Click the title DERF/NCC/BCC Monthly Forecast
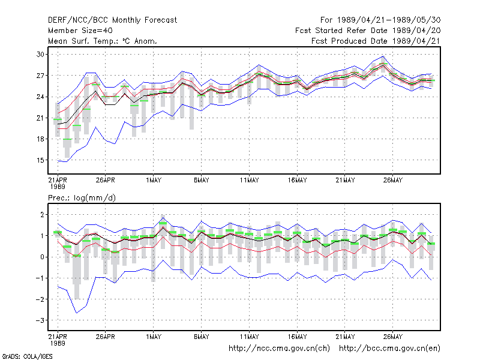tap(112, 20)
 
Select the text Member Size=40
tap(80, 31)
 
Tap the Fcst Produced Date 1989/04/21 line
tap(376, 41)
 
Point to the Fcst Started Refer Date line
tap(368, 31)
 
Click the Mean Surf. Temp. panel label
tap(102, 41)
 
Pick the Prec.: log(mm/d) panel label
tap(82, 198)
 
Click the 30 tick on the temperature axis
tap(40, 55)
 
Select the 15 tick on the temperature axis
tap(40, 160)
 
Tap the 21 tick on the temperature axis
tap(40, 118)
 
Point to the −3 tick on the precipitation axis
tap(40, 320)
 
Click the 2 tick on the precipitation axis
tap(42, 215)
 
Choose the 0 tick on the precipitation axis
tap(42, 257)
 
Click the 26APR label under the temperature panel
tap(106, 181)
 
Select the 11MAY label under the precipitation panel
tap(249, 337)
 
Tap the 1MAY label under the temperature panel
tap(154, 181)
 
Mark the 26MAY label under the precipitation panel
tap(393, 337)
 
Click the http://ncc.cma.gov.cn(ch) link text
tap(279, 349)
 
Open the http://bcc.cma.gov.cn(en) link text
tap(389, 349)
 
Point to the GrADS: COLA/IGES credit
tap(28, 356)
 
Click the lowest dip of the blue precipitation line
tap(77, 313)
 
